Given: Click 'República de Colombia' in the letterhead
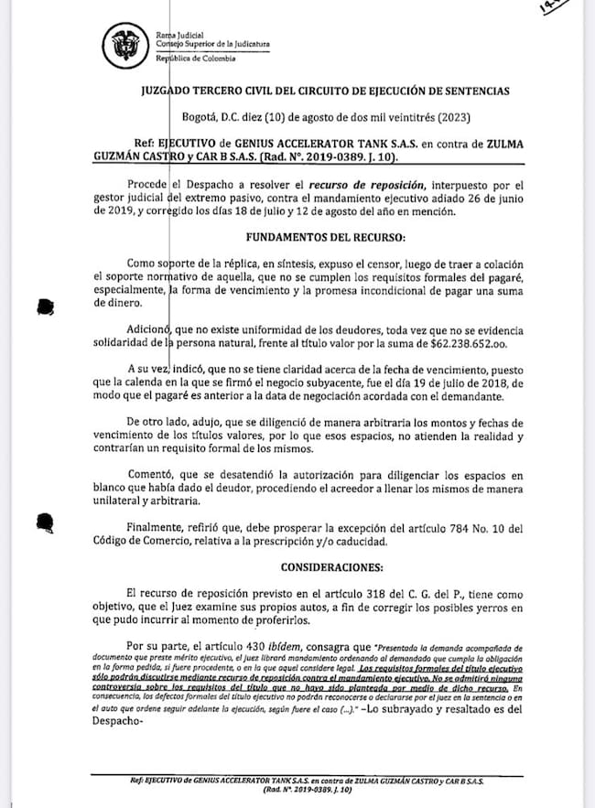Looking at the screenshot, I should tap(196, 59).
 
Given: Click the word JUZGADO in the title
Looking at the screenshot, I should tap(171, 92).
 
